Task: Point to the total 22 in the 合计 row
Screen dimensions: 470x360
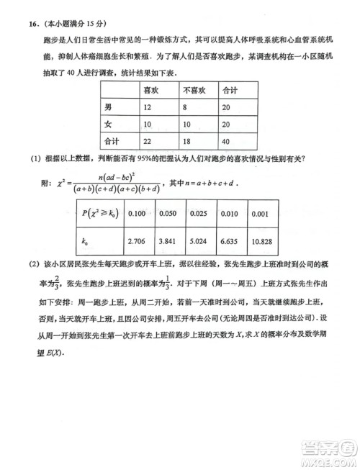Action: click(148, 141)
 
